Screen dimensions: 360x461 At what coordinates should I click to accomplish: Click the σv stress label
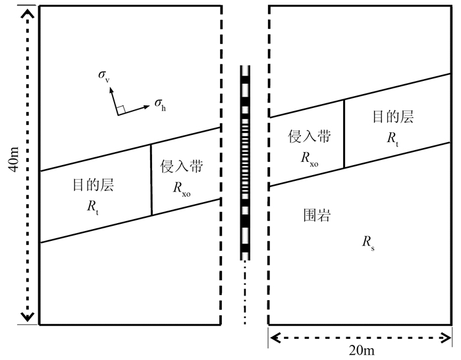(x=104, y=78)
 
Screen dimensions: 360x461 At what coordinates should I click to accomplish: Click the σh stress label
(x=159, y=103)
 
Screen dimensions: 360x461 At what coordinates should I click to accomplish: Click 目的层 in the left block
(x=93, y=186)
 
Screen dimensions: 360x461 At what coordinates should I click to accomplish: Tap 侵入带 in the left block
(x=181, y=167)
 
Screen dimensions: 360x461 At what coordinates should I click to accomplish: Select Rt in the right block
(x=393, y=138)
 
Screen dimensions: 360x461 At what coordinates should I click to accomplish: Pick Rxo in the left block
(x=182, y=188)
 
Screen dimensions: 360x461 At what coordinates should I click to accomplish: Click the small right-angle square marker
(x=121, y=109)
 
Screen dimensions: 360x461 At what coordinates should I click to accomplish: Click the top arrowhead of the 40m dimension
(x=27, y=11)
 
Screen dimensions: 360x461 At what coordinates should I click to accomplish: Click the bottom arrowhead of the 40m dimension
(x=27, y=319)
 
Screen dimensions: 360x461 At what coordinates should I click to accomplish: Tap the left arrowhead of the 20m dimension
(x=273, y=338)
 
